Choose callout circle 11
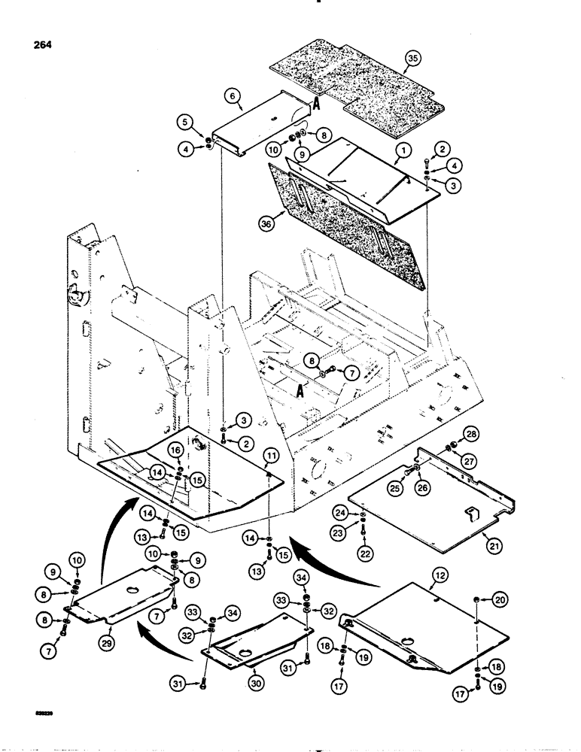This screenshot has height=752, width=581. pos(270,456)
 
